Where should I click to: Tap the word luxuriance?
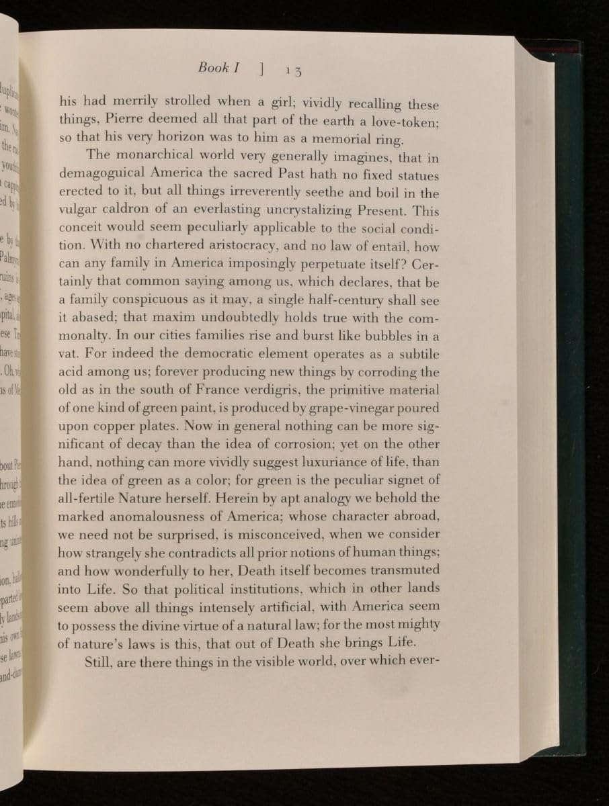pos(314,462)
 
